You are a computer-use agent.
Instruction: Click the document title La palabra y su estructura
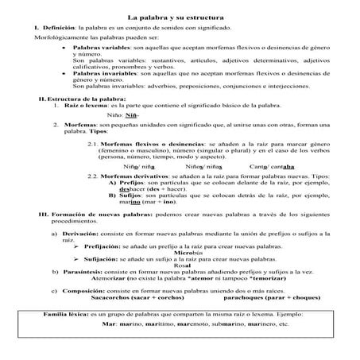click(180, 15)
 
